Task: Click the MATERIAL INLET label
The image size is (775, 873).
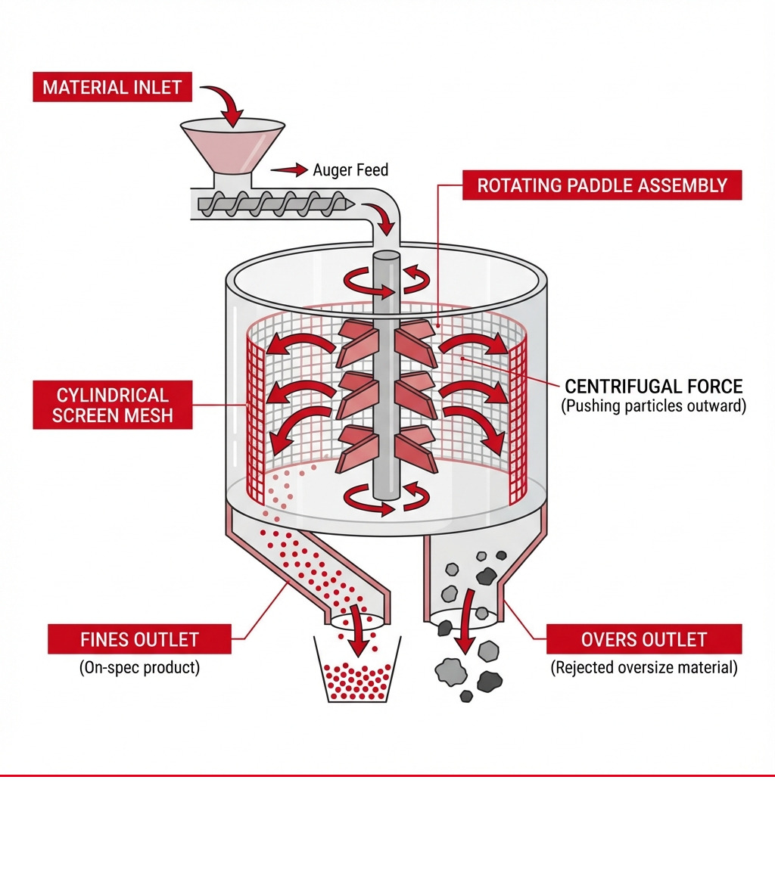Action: [112, 87]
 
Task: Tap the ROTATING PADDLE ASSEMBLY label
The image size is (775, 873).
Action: [602, 185]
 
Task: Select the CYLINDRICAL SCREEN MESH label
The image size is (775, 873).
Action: [112, 405]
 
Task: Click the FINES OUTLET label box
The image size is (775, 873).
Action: [139, 639]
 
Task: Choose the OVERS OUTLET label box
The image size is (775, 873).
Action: [643, 639]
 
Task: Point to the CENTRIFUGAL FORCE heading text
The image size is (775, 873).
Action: [654, 387]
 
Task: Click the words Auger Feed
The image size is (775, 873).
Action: [350, 170]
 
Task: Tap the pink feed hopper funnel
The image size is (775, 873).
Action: [232, 147]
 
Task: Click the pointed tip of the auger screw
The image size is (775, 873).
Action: [347, 203]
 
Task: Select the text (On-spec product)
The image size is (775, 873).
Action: [139, 669]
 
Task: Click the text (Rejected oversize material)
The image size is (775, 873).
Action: [644, 668]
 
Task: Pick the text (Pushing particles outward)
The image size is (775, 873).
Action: [654, 406]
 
